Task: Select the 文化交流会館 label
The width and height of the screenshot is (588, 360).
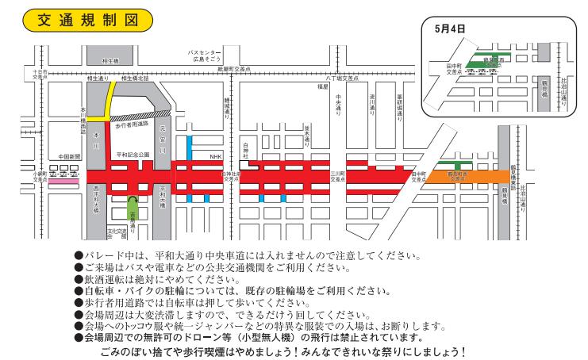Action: click(117, 233)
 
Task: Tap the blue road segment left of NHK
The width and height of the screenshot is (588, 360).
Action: click(189, 149)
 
